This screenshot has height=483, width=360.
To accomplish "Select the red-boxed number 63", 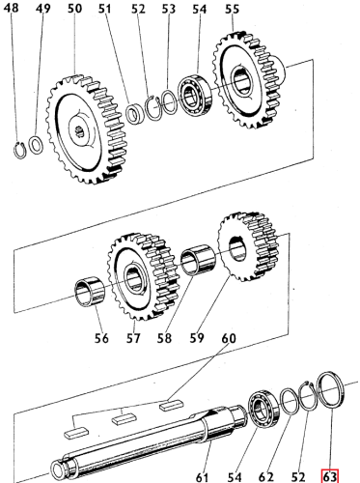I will (x=330, y=474).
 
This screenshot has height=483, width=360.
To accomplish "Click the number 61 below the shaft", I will (x=203, y=474).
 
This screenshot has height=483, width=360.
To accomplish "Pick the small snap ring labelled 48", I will (x=22, y=148).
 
